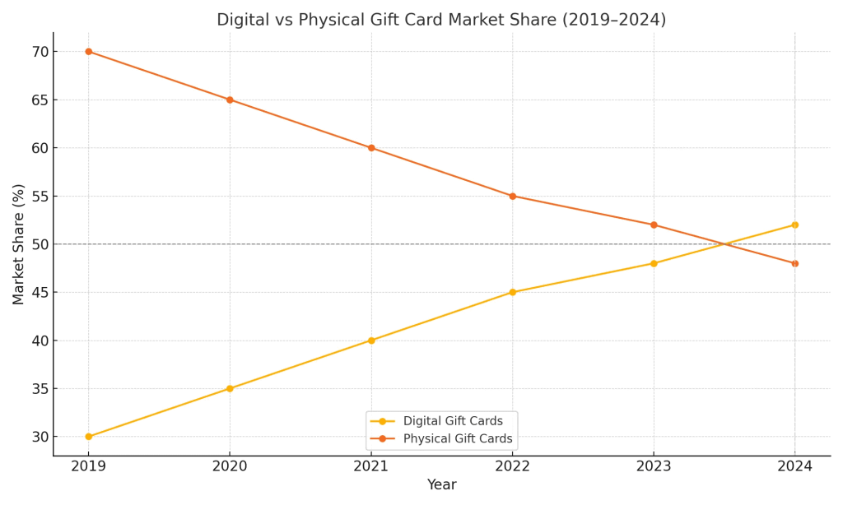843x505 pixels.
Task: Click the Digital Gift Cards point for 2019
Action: tap(89, 437)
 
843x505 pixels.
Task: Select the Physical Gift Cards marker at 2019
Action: tap(89, 52)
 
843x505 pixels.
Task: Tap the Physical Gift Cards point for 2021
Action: tap(371, 148)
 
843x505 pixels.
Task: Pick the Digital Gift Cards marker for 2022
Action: tap(512, 292)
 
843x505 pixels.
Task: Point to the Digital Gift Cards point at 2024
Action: tap(794, 225)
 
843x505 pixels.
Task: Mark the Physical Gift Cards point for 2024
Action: tap(794, 263)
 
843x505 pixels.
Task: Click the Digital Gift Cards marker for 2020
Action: tap(230, 388)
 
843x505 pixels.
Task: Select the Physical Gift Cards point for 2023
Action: tap(654, 225)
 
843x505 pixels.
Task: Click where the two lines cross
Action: tap(724, 244)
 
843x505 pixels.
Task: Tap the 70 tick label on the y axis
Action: tap(40, 52)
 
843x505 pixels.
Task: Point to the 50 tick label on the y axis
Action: tap(40, 244)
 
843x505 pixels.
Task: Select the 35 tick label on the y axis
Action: tap(40, 388)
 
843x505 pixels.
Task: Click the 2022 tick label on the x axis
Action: tap(512, 466)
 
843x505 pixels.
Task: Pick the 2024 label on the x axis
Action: tap(794, 466)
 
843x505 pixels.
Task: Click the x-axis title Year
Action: tap(441, 485)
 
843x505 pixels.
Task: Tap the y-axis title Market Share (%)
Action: tap(19, 244)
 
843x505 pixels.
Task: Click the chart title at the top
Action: tap(441, 20)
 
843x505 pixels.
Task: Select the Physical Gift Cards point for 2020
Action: tap(230, 100)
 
